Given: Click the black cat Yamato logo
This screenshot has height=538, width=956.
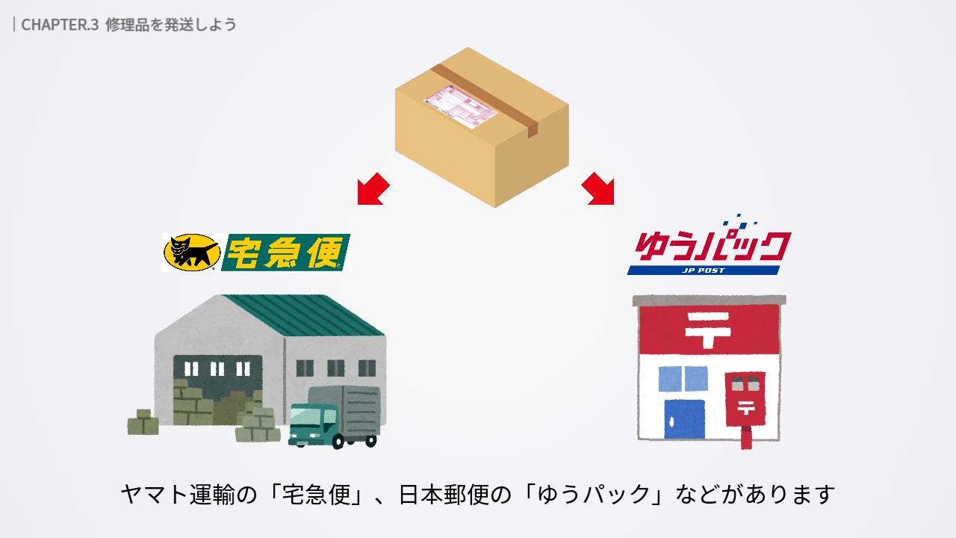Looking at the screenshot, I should pos(191,253).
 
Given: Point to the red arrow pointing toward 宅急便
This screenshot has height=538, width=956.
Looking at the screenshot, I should pos(373,188).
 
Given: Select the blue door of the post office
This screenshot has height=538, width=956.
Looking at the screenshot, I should pos(685,419).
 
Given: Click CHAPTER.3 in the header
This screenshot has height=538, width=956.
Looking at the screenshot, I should pos(60,24).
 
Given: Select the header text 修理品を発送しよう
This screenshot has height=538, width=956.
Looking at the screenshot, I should pos(171,24).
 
